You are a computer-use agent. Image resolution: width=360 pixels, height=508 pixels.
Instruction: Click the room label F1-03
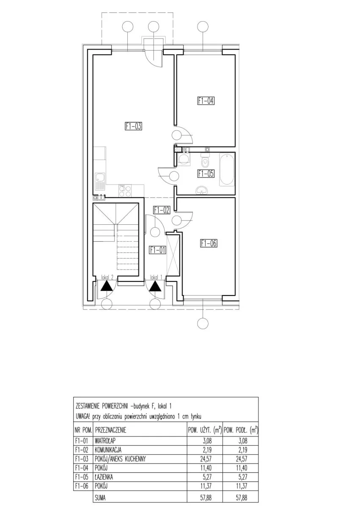coord(133,126)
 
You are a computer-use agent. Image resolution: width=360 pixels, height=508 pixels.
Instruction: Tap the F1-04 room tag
coord(206,100)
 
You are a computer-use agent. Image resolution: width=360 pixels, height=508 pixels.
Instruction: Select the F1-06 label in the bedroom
coord(209,243)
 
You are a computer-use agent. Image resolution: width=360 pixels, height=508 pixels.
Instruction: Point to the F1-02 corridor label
coord(162,210)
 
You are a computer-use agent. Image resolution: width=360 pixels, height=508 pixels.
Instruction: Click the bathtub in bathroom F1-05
coord(227,169)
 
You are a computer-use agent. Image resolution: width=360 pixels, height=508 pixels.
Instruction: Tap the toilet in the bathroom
coord(206,160)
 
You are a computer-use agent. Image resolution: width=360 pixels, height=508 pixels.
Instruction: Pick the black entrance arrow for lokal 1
coord(155,286)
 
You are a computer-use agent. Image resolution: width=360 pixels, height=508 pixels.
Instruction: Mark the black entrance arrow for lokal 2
coord(107,286)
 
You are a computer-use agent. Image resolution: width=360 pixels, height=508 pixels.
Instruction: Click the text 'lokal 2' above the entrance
coord(107,277)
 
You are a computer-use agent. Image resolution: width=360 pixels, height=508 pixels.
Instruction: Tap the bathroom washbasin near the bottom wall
coord(202,190)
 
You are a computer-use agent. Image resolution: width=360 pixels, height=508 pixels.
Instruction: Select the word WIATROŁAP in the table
coord(105,441)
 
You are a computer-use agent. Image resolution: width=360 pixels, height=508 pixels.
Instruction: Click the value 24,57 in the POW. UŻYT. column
coord(206,459)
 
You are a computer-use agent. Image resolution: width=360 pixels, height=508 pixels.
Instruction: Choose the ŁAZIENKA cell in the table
coord(104,477)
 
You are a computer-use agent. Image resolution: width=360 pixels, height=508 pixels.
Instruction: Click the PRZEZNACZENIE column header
coord(111,430)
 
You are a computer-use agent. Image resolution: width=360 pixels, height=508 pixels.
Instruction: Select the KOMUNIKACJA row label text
coord(108,450)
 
